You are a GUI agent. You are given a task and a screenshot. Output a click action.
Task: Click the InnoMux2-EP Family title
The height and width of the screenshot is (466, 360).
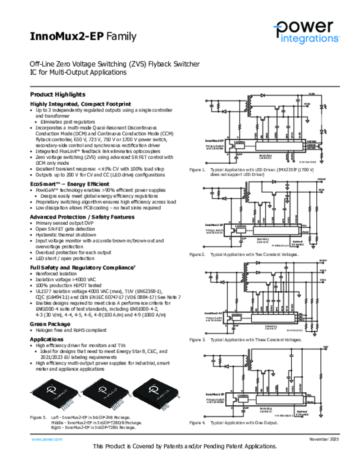tap(83, 36)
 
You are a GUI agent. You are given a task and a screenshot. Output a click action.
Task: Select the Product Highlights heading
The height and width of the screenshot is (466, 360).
tap(57, 94)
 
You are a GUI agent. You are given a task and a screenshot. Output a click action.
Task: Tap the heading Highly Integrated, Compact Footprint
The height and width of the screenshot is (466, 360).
tap(80, 104)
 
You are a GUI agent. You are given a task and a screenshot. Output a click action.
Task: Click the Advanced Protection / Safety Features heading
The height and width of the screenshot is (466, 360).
tap(82, 217)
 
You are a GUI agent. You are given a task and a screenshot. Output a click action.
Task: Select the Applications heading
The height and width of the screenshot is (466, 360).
tap(46, 339)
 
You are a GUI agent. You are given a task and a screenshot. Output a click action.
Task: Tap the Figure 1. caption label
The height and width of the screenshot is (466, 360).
tap(198, 170)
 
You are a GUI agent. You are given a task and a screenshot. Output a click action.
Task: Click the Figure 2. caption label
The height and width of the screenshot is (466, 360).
tap(198, 254)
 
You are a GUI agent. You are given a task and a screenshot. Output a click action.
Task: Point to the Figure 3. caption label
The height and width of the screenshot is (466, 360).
tap(198, 339)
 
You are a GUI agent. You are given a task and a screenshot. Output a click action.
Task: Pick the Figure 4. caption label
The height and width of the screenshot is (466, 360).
tap(198, 423)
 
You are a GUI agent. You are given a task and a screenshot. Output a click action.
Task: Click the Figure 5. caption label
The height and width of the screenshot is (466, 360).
tap(38, 417)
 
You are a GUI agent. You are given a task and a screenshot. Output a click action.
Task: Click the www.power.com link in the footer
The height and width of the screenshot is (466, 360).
tap(46, 439)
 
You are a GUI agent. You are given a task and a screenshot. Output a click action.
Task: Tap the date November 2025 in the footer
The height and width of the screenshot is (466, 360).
tap(324, 439)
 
